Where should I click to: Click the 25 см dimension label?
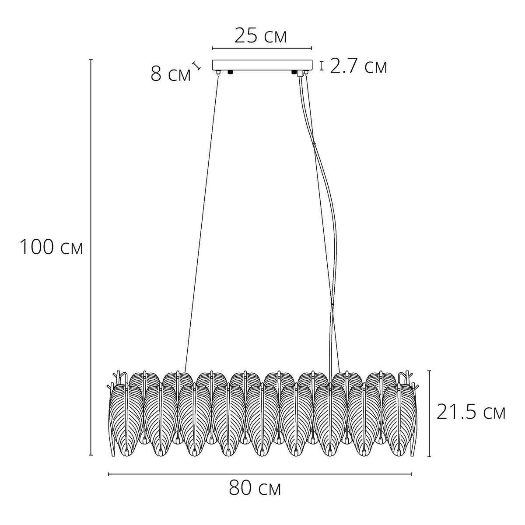click(260, 36)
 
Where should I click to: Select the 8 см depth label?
click(171, 74)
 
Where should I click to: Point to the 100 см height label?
click(51, 247)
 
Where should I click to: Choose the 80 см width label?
click(255, 488)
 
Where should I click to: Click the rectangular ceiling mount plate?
click(262, 65)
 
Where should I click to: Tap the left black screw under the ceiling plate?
click(231, 72)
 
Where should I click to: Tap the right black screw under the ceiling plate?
click(294, 72)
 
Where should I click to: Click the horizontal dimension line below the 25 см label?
click(262, 49)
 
